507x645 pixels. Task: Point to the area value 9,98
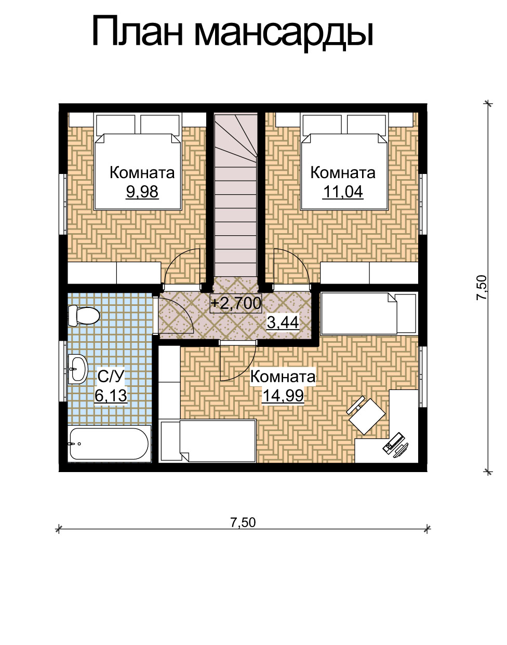pos(142,192)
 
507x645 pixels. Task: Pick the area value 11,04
pos(343,192)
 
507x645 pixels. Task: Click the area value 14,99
pos(283,395)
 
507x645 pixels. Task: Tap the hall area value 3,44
pos(283,322)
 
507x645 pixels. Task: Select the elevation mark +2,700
pos(236,303)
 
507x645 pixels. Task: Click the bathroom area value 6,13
pos(111,395)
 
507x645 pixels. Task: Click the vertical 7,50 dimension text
pos(482,288)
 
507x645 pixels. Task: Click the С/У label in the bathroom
pos(111,377)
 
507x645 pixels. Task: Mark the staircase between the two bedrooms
pos(236,194)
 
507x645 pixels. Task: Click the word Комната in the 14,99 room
pos(283,377)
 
